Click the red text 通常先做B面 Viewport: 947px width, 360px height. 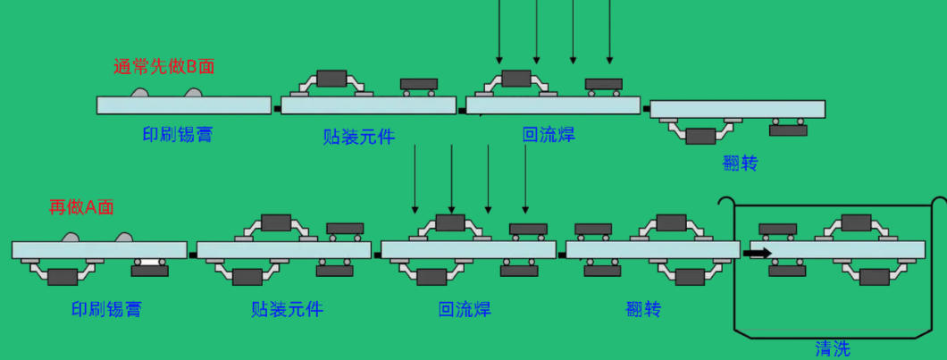click(x=163, y=66)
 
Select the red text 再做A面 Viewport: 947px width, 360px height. click(x=81, y=207)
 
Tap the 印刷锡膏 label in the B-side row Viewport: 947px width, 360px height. click(x=178, y=133)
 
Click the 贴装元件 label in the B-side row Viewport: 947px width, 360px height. click(x=359, y=137)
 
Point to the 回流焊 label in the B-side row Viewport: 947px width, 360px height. click(x=549, y=134)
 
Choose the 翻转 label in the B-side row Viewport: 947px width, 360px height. click(x=740, y=163)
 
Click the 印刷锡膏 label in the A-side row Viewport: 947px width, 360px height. click(x=106, y=310)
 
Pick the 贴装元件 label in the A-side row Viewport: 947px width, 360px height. click(x=287, y=310)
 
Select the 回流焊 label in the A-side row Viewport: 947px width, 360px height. click(x=465, y=310)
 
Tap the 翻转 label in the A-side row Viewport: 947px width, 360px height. click(x=644, y=310)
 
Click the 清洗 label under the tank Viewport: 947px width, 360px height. click(x=833, y=348)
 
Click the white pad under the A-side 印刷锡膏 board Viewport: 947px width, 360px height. click(x=150, y=263)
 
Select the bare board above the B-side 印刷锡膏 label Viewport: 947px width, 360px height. click(x=184, y=105)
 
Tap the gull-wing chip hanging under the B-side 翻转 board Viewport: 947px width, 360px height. click(x=700, y=130)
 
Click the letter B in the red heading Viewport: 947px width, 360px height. click(x=191, y=66)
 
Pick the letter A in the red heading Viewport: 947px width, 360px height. click(x=91, y=207)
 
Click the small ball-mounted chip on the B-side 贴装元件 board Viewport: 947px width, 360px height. click(x=419, y=87)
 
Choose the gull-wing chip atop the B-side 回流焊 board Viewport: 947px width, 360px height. click(x=516, y=83)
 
